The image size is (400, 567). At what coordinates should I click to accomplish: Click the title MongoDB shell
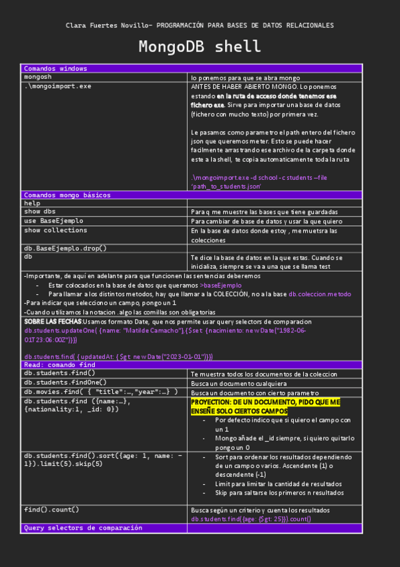200,47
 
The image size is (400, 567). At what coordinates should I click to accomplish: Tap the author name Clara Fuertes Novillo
106,25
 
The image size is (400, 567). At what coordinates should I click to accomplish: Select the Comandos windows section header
55,68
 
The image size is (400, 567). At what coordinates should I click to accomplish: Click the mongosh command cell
38,78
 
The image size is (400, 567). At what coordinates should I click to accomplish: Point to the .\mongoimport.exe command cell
58,86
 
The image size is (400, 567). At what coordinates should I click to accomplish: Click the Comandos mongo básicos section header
67,195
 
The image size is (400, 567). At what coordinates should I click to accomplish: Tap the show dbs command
40,211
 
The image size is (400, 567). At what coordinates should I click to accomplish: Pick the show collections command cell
55,230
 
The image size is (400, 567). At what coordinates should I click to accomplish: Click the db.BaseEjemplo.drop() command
65,248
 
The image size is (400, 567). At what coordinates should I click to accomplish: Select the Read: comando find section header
59,365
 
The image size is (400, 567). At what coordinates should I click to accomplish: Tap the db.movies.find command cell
100,392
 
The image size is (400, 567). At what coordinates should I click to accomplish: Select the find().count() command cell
51,509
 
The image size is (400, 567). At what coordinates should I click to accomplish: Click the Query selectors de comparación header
83,528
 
